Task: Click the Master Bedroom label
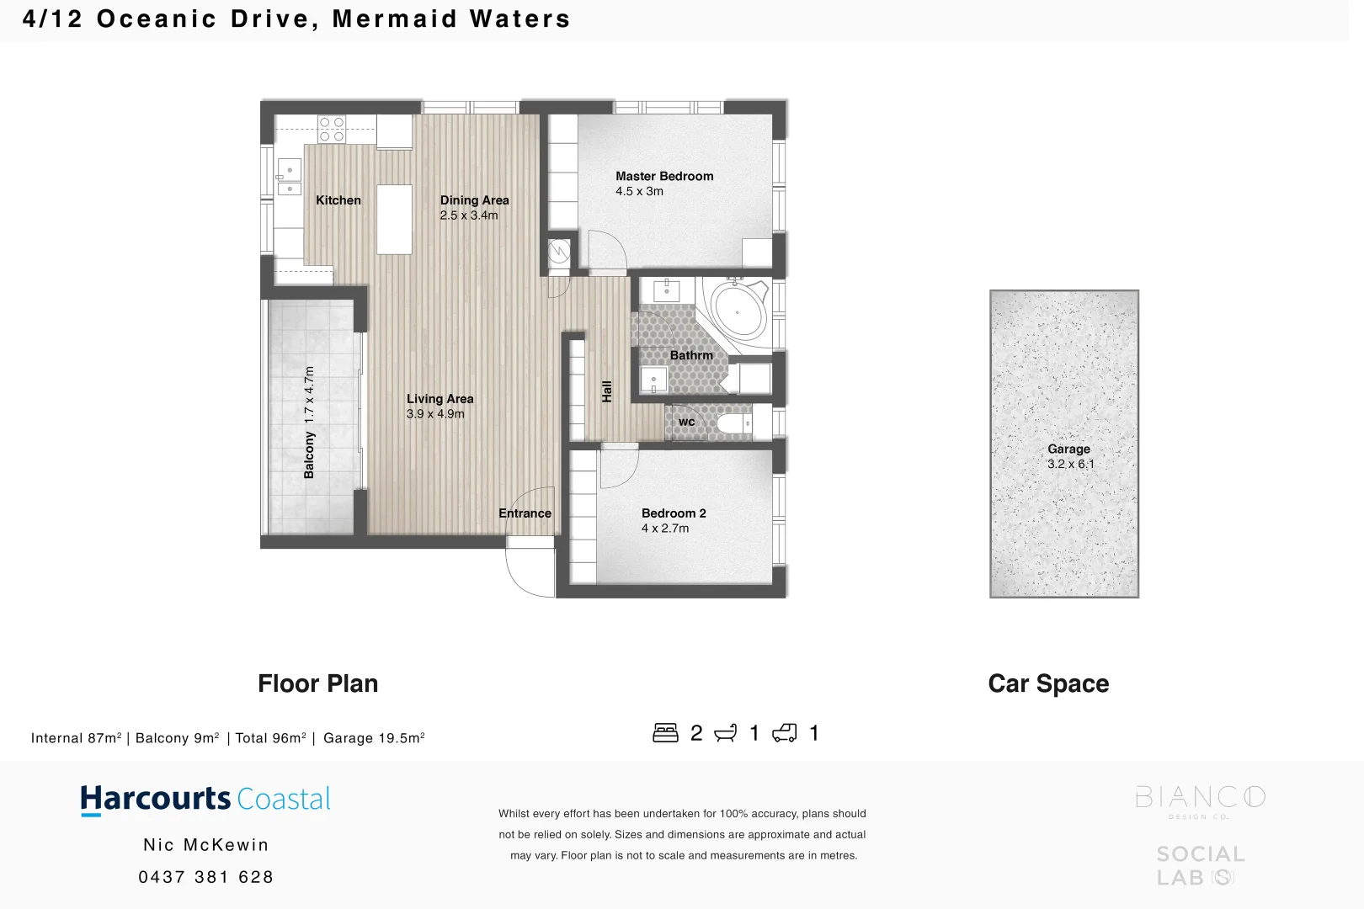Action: point(663,176)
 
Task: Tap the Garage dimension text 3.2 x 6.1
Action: point(1070,464)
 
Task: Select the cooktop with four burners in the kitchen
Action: point(332,129)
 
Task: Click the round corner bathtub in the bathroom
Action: point(738,311)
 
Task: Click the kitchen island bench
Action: point(394,219)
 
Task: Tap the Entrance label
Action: point(525,513)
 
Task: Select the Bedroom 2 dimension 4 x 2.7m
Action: point(664,529)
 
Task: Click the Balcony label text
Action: point(309,454)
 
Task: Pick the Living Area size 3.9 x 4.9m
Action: point(434,414)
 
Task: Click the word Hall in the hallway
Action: point(607,391)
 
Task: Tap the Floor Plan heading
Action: point(317,683)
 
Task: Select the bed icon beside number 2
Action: point(665,733)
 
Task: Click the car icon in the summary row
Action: point(784,733)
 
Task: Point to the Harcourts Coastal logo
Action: point(205,799)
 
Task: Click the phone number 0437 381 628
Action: point(205,877)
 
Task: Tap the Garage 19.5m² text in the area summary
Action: point(373,738)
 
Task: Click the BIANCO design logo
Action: point(1199,800)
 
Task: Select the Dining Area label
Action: point(474,200)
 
